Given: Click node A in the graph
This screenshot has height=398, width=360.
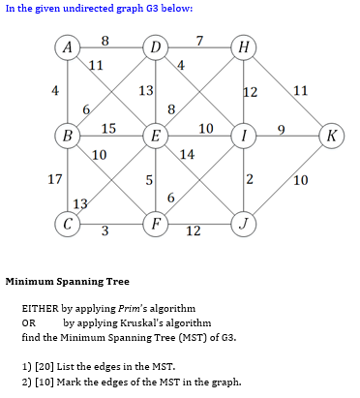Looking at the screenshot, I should [x=67, y=46].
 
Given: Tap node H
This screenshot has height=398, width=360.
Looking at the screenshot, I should [x=243, y=46].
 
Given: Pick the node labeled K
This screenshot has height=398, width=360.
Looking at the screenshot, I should [x=331, y=135].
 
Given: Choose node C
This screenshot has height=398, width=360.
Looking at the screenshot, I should [x=67, y=223].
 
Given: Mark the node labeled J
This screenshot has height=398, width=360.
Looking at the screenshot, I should [x=243, y=223].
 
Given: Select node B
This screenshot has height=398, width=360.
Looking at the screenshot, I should [x=67, y=135].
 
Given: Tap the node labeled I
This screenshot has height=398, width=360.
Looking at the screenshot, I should [x=243, y=135].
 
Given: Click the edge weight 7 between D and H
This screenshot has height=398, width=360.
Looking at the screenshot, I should [x=198, y=40].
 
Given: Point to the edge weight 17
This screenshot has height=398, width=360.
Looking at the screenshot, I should [x=56, y=179].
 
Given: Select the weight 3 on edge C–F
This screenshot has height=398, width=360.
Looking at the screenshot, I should [x=105, y=231].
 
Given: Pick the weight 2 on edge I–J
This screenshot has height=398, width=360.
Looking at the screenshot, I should [x=250, y=179].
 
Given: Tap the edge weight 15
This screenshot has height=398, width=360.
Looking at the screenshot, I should [x=108, y=128].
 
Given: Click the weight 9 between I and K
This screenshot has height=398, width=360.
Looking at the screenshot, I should [x=282, y=128].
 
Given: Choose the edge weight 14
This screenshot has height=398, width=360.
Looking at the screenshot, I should [x=188, y=153].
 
